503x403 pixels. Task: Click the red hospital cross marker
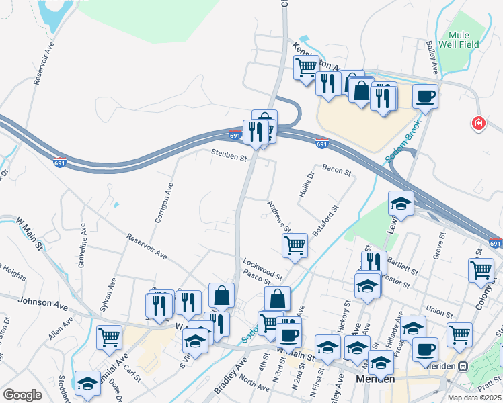478,124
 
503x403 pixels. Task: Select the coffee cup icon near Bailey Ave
425,97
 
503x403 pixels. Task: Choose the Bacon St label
337,172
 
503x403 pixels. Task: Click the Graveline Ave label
82,246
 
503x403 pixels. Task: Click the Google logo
22,394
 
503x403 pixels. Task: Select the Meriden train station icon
463,366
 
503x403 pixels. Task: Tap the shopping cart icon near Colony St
481,271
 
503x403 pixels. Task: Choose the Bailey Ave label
431,60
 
